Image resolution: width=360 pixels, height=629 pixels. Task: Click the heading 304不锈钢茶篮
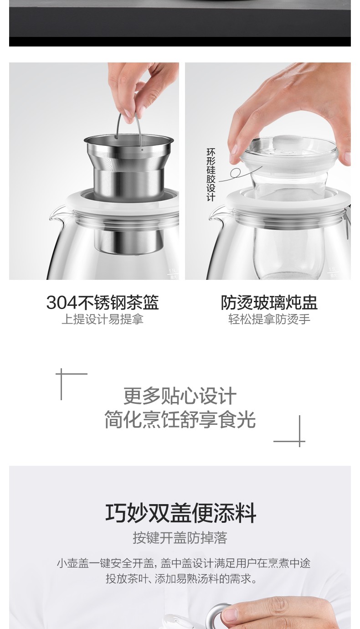pyautogui.click(x=103, y=303)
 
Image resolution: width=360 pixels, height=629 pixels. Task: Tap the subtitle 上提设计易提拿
pyautogui.click(x=103, y=319)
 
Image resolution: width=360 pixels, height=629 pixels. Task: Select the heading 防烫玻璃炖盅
pyautogui.click(x=269, y=303)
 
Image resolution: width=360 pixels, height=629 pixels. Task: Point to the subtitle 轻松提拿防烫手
pyautogui.click(x=269, y=319)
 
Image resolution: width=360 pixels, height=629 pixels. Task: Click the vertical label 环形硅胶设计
pyautogui.click(x=211, y=175)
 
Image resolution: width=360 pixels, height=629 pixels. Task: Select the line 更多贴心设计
pyautogui.click(x=180, y=396)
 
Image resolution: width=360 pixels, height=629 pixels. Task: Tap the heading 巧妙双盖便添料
pyautogui.click(x=180, y=513)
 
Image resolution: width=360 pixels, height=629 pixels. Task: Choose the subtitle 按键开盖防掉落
pyautogui.click(x=180, y=538)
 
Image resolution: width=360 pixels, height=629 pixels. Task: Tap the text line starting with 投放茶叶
pyautogui.click(x=181, y=579)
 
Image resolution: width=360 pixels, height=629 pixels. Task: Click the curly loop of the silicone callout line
pyautogui.click(x=235, y=173)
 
